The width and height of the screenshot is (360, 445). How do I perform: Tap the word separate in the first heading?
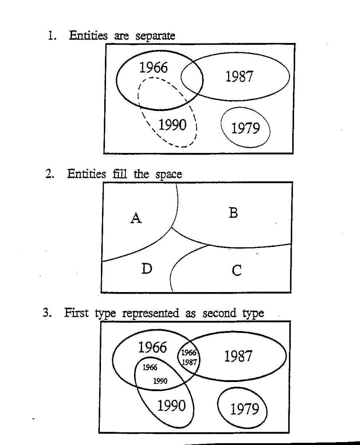point(155,36)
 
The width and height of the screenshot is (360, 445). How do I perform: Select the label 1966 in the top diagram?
point(153,67)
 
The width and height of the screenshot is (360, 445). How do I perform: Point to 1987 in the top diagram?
point(239,76)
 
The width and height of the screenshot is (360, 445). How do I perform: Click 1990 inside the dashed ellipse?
point(172,125)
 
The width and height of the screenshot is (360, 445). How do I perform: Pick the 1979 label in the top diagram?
point(246,128)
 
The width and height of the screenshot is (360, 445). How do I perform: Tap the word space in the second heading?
point(169,175)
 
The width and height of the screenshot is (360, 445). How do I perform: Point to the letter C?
point(236,270)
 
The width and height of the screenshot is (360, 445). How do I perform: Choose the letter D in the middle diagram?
point(147,268)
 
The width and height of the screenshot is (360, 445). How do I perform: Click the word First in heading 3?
point(76,312)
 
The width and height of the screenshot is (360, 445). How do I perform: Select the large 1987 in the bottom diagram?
point(238,356)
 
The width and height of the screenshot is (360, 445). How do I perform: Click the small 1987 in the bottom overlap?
point(189,362)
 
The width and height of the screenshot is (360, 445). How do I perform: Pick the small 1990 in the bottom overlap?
point(160,381)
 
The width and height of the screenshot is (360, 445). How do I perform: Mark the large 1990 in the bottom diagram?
point(171,405)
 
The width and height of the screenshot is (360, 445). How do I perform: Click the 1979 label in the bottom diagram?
point(244,409)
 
